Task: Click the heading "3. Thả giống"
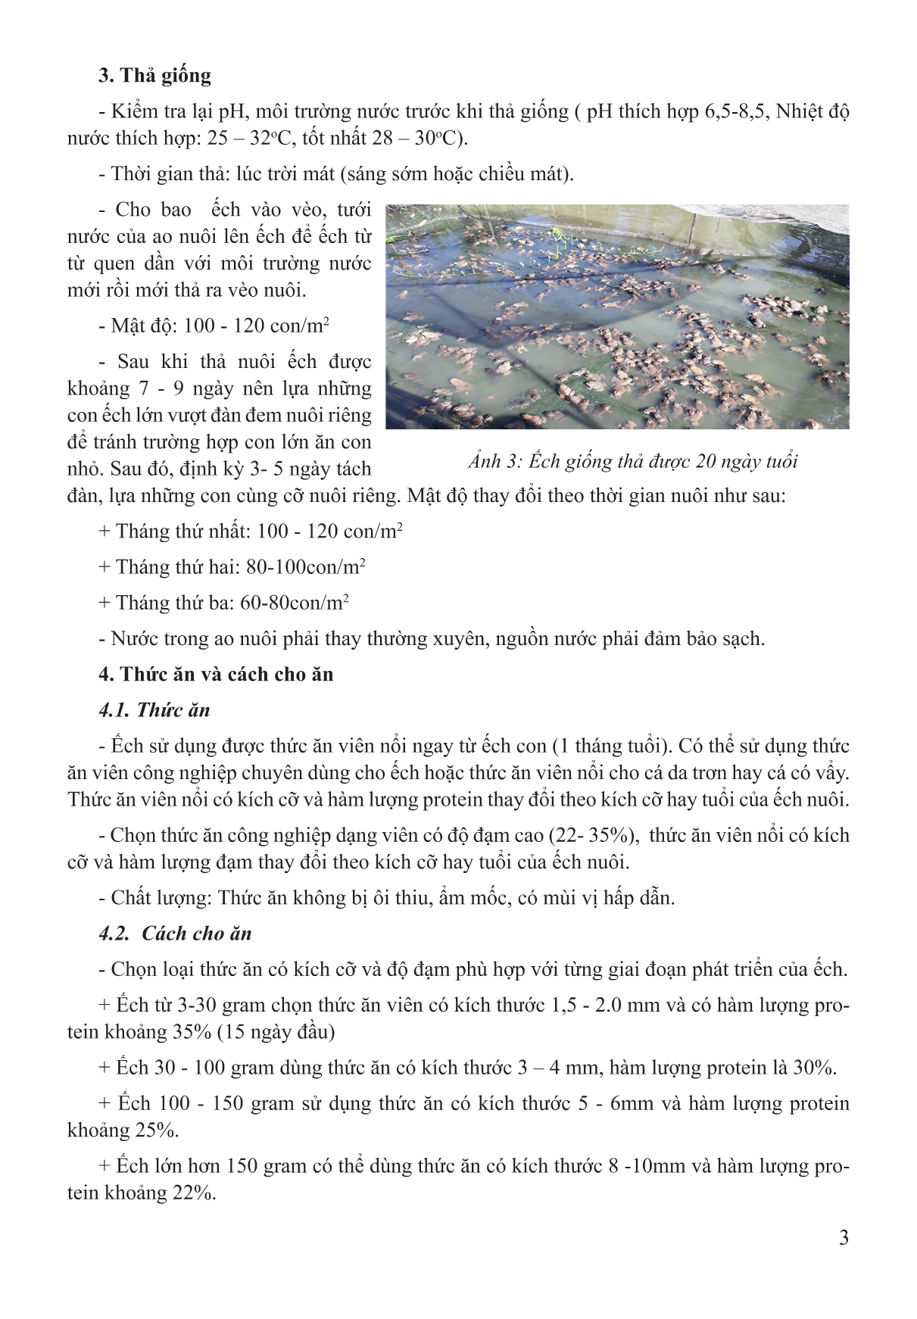pos(154,76)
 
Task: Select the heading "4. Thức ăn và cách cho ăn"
pos(216,675)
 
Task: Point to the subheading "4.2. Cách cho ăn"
pos(175,934)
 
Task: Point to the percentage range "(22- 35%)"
pos(591,835)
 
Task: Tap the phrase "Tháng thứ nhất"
pos(181,532)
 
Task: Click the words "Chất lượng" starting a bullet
pos(158,898)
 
